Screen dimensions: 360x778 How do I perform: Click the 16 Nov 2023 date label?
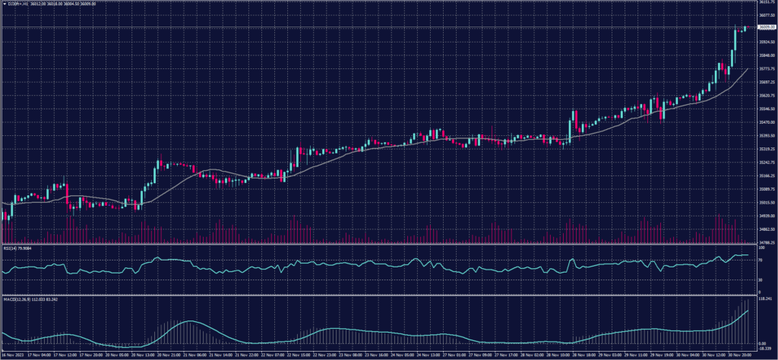tap(14, 355)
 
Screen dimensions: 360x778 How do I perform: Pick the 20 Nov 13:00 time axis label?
tap(144, 355)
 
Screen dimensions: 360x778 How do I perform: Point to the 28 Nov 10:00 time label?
tap(563, 355)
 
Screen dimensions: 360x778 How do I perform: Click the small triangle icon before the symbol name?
tap(5, 3)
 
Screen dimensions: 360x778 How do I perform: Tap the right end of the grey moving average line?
tap(748, 68)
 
